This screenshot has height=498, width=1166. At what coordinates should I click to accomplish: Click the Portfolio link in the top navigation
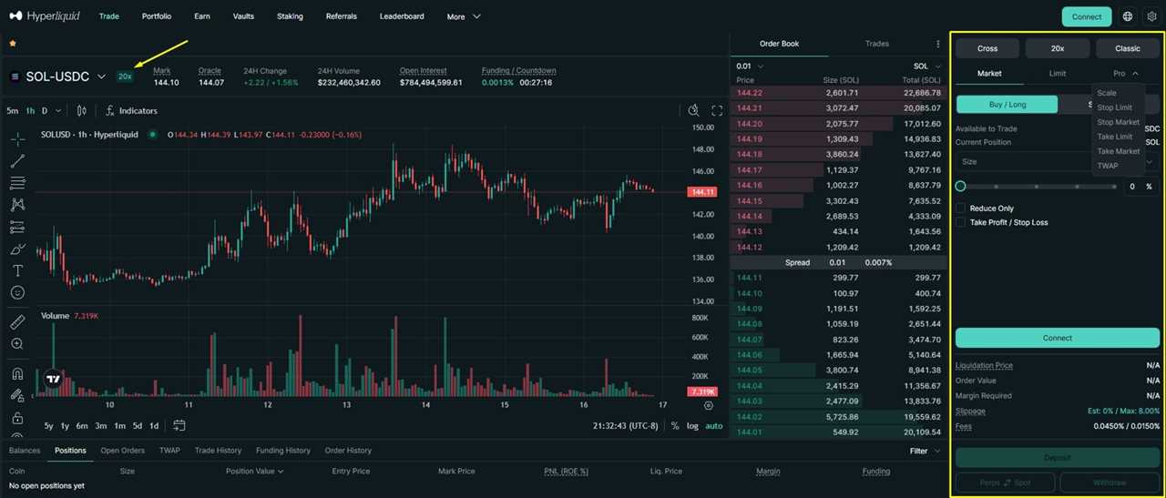pyautogui.click(x=157, y=16)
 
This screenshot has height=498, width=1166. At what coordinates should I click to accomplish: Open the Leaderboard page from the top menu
pyautogui.click(x=402, y=16)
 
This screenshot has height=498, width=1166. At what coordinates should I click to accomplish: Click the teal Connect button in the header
pyautogui.click(x=1086, y=16)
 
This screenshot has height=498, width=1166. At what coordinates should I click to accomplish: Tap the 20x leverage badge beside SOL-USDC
pyautogui.click(x=125, y=76)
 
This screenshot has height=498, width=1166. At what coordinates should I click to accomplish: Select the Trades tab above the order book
pyautogui.click(x=876, y=44)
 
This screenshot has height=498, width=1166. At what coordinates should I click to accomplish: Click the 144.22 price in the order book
pyautogui.click(x=750, y=93)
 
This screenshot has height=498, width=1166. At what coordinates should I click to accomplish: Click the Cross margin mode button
pyautogui.click(x=987, y=48)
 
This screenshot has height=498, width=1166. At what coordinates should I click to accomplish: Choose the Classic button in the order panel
pyautogui.click(x=1128, y=48)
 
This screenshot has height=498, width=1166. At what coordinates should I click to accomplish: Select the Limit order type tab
pyautogui.click(x=1058, y=73)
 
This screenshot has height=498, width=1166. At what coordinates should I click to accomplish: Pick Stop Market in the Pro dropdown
pyautogui.click(x=1118, y=122)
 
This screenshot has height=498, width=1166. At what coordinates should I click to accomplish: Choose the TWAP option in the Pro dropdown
pyautogui.click(x=1107, y=166)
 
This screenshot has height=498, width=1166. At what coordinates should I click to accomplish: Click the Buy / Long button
pyautogui.click(x=1007, y=105)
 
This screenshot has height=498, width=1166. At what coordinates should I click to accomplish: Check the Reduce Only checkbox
pyautogui.click(x=961, y=208)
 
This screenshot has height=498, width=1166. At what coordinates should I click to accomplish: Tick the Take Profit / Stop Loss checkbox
pyautogui.click(x=961, y=222)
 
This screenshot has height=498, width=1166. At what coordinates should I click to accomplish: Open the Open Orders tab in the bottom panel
pyautogui.click(x=122, y=451)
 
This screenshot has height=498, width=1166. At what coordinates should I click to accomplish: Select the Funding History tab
pyautogui.click(x=283, y=451)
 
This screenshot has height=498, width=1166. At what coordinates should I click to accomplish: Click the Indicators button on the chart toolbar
pyautogui.click(x=131, y=111)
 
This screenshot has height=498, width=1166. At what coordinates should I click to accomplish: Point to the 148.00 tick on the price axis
pyautogui.click(x=703, y=149)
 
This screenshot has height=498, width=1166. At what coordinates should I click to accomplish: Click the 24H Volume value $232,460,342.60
pyautogui.click(x=349, y=83)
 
